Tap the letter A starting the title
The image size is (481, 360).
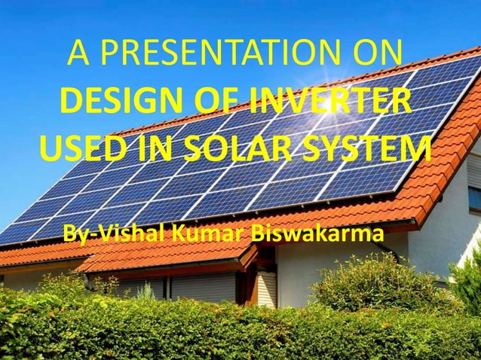coord(78,55)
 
